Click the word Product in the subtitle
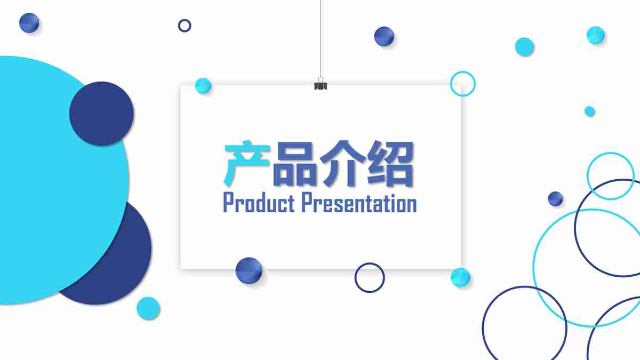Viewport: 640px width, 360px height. click(x=259, y=203)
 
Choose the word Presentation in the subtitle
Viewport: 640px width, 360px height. click(x=358, y=203)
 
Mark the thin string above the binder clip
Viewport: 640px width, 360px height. click(x=321, y=37)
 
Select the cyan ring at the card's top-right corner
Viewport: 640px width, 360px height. click(x=462, y=84)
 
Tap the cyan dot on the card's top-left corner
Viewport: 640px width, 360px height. click(x=203, y=86)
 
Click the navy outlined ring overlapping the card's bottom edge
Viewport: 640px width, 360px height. click(x=370, y=277)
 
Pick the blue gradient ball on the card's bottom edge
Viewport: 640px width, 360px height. click(x=249, y=270)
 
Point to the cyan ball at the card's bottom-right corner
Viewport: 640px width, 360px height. click(x=460, y=277)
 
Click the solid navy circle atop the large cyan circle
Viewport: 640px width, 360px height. click(x=101, y=114)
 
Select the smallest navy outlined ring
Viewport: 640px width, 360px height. click(x=185, y=25)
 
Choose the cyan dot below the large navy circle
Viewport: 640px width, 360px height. click(x=148, y=308)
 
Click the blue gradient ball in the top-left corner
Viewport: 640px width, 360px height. click(x=29, y=23)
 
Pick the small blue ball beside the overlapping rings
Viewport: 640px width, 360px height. click(x=555, y=199)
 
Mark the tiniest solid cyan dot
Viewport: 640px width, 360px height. click(x=589, y=111)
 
